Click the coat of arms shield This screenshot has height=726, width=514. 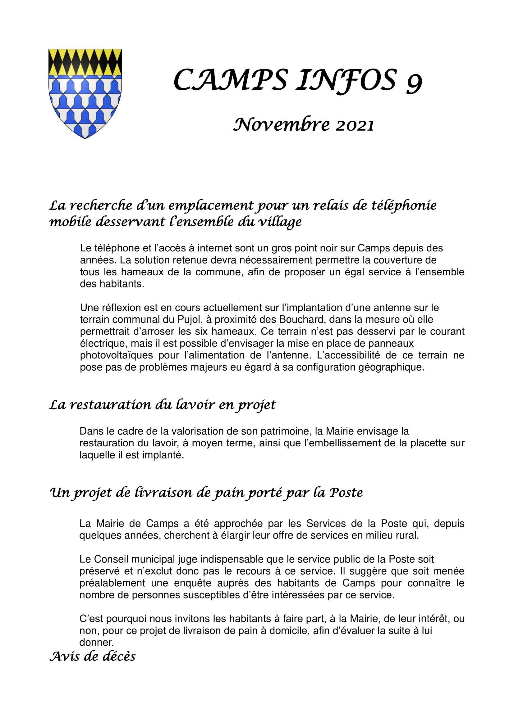pos(85,93)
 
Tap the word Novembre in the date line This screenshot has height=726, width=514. pos(281,124)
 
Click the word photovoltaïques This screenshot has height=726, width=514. pos(117,355)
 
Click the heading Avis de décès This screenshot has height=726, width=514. pos(92,656)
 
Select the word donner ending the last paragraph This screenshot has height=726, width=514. pos(96,642)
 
